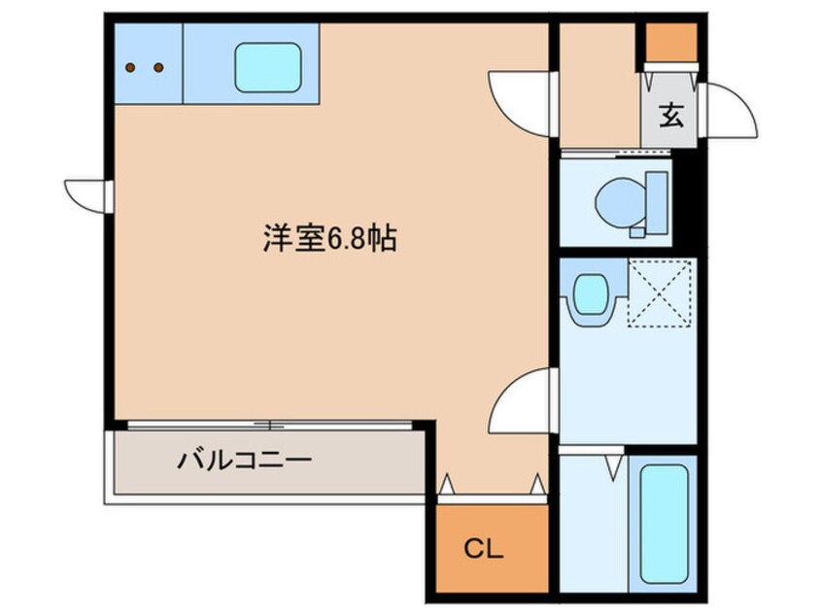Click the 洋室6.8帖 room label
click(x=328, y=238)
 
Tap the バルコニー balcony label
click(x=244, y=459)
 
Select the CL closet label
click(x=483, y=550)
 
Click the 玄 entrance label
click(x=671, y=116)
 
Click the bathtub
click(x=662, y=523)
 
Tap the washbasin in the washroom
click(x=590, y=293)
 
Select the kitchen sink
click(x=265, y=66)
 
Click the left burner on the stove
click(x=133, y=68)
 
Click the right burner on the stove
click(x=158, y=68)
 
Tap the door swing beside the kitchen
click(x=523, y=102)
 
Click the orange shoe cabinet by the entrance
click(x=671, y=41)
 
